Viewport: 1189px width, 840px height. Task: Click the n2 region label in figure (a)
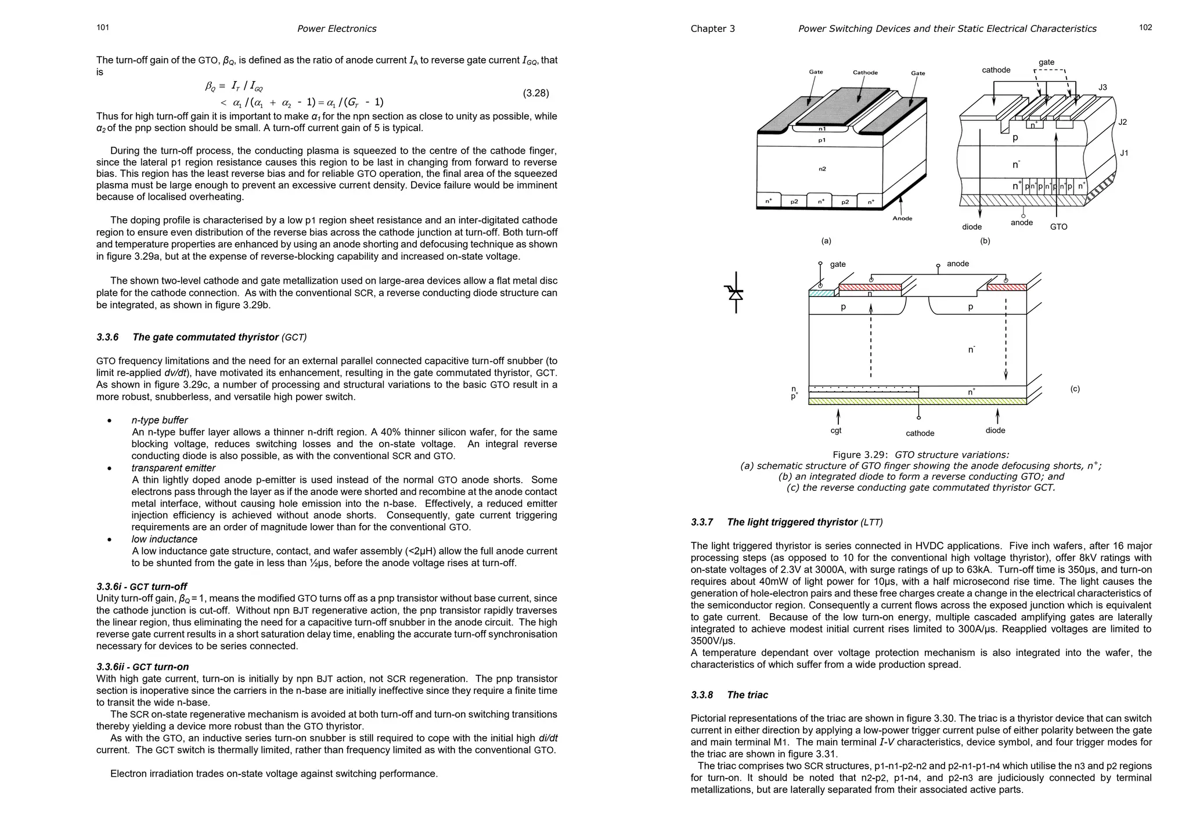pos(822,169)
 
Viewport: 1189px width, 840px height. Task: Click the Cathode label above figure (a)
pos(865,73)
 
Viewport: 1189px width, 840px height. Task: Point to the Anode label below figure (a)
pos(902,218)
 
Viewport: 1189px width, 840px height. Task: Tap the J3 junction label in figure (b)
pos(1102,88)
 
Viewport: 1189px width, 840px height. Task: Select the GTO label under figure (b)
pos(1058,227)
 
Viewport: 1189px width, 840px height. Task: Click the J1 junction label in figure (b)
pos(1124,153)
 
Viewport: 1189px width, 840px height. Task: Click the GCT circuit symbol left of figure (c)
pos(736,292)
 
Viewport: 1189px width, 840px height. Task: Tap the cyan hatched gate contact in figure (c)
pos(821,294)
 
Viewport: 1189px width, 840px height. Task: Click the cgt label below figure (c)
pos(836,430)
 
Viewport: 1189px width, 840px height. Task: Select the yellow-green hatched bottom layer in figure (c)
pos(917,401)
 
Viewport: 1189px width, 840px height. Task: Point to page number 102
pos(1145,27)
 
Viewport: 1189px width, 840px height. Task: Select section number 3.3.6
pos(107,337)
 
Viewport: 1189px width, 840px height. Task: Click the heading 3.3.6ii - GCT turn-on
pos(143,667)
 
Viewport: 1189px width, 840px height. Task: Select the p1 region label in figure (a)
pos(822,140)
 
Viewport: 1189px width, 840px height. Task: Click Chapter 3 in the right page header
pos(712,28)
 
